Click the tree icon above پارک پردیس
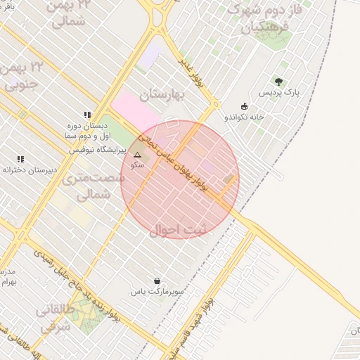(279, 82)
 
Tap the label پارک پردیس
(279, 93)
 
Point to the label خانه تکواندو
(243, 117)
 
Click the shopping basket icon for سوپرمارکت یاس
(155, 280)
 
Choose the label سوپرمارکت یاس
(155, 291)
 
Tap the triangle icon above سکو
(137, 155)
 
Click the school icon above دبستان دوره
(87, 114)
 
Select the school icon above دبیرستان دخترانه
(20, 159)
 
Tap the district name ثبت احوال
(180, 229)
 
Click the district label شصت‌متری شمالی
(91, 186)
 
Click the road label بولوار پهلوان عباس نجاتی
(182, 159)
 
